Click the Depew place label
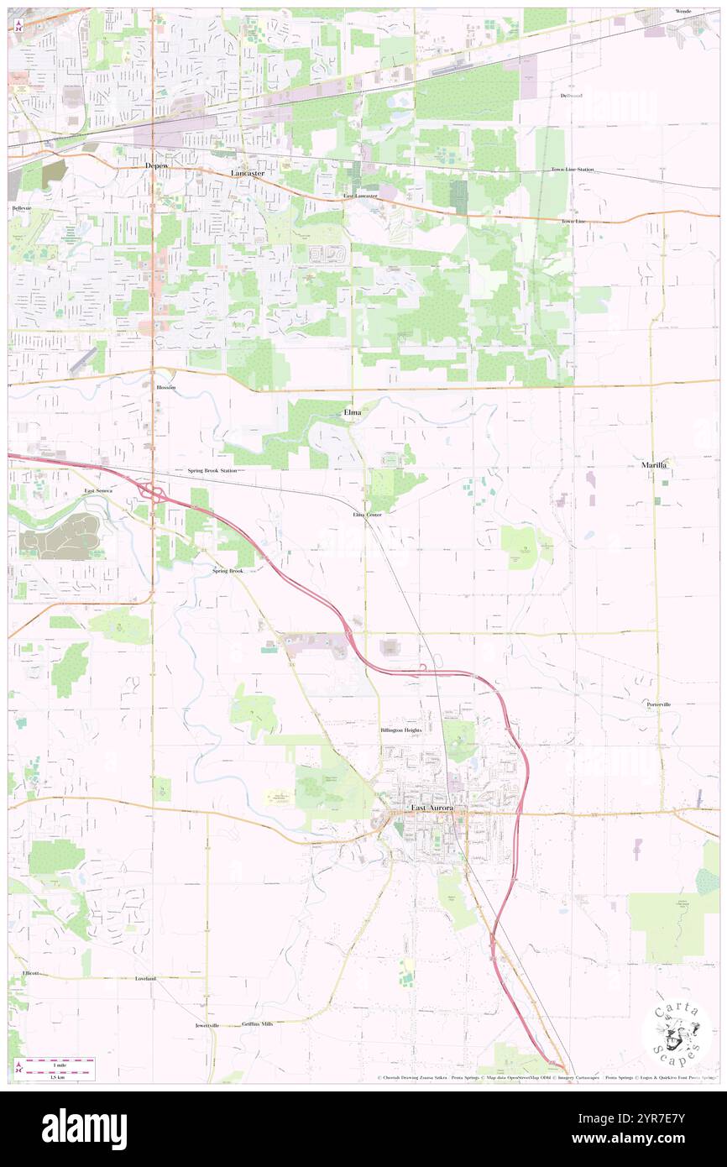(156, 166)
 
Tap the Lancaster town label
(248, 173)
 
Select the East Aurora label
(431, 808)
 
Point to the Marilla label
(659, 464)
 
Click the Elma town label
(353, 412)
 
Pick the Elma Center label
(368, 514)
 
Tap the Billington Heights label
(400, 730)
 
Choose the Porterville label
(659, 704)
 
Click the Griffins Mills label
(257, 1024)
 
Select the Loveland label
(146, 979)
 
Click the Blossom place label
(166, 388)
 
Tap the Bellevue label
(21, 207)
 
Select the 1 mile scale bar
(59, 1064)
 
